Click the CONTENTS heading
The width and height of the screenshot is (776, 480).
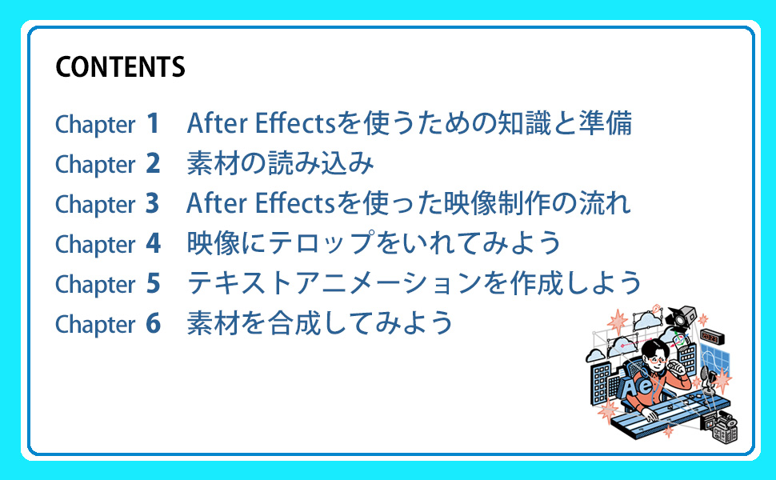120,67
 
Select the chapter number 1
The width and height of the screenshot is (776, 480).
153,124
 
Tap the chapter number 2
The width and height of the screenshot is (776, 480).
153,164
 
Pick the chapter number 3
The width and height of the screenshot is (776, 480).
153,204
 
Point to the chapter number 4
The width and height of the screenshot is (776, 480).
153,244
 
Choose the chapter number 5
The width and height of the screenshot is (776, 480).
153,284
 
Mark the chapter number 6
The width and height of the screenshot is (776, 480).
153,324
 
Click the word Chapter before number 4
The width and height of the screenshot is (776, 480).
94,245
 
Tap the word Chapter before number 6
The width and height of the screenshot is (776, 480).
94,325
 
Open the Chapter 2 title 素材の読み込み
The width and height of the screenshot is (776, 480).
280,164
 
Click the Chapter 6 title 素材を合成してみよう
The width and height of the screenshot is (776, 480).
320,324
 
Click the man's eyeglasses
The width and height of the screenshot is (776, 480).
655,359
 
